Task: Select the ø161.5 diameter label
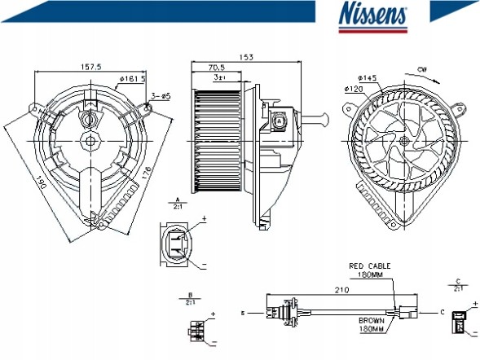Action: coord(132,78)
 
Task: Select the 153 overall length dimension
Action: coord(244,57)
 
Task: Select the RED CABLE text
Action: coord(370,266)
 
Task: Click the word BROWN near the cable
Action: coord(371,321)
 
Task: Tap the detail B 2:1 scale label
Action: coord(189,298)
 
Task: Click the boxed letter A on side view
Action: coord(280,120)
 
